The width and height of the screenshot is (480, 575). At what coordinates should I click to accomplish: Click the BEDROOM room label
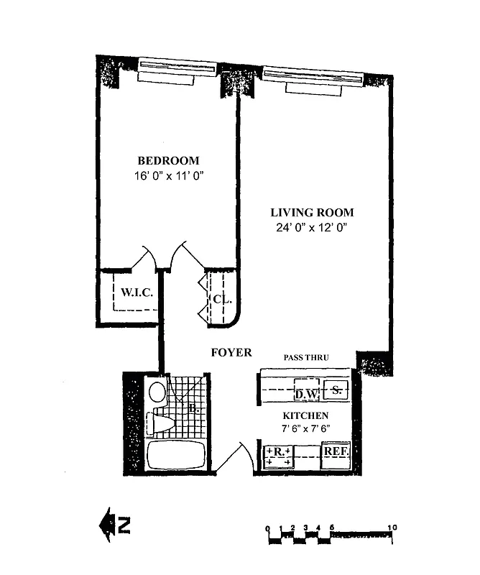click(x=168, y=160)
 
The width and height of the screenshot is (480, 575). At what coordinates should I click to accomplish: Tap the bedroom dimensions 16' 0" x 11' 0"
click(x=168, y=175)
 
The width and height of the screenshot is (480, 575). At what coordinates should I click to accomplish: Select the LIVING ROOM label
click(x=312, y=213)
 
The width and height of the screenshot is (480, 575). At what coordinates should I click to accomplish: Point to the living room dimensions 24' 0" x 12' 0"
click(x=312, y=228)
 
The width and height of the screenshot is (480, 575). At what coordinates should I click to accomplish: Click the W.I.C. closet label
click(x=135, y=293)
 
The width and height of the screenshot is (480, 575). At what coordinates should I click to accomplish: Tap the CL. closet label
click(x=221, y=299)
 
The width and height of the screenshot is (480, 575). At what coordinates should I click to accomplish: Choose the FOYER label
click(x=231, y=352)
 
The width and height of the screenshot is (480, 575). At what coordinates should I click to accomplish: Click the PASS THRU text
click(x=307, y=356)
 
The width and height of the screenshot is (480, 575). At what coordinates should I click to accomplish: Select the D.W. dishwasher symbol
click(x=306, y=393)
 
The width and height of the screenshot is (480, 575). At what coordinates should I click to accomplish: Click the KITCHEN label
click(x=305, y=415)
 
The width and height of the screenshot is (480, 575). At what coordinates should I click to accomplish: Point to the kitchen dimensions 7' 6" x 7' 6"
click(x=305, y=429)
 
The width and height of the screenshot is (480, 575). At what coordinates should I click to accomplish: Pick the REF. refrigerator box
click(x=336, y=451)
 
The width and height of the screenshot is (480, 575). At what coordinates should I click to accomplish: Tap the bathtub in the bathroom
click(x=176, y=456)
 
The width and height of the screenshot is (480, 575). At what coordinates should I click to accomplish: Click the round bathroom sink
click(x=157, y=392)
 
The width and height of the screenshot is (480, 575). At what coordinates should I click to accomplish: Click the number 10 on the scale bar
click(x=392, y=528)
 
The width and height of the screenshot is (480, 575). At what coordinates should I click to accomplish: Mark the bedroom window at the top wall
click(x=177, y=69)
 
